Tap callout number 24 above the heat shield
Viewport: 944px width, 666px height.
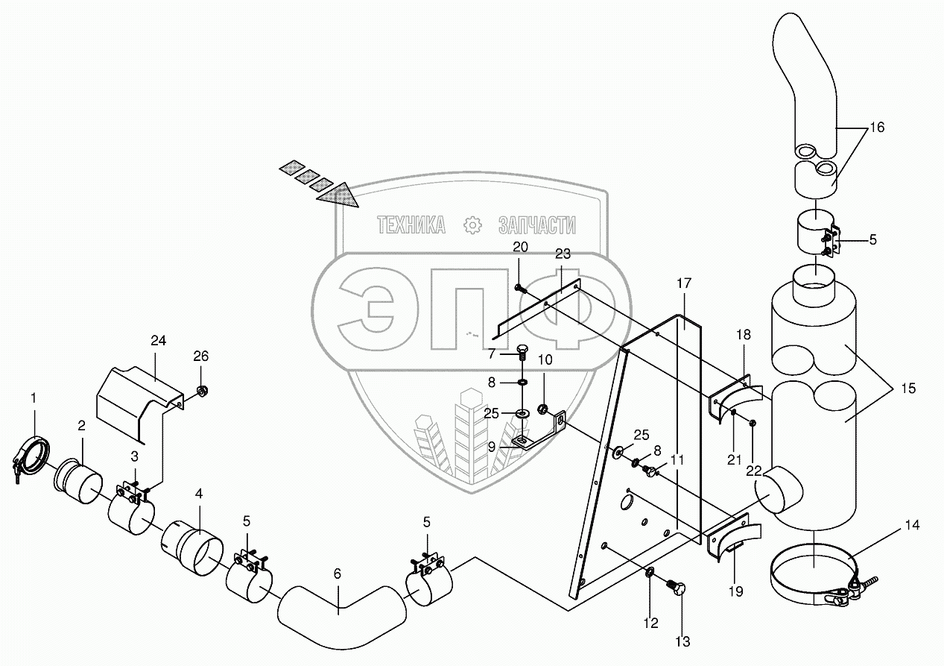157,341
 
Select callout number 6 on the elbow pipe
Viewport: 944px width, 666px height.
338,574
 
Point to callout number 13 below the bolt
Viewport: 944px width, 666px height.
682,641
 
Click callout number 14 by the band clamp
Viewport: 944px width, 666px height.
913,525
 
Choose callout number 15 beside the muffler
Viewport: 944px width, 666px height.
907,389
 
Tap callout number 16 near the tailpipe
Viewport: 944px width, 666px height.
876,128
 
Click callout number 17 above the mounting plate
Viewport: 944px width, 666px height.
684,283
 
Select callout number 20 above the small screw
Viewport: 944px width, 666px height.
520,247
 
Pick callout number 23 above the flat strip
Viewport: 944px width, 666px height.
563,254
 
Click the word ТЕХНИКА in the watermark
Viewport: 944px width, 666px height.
411,224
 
